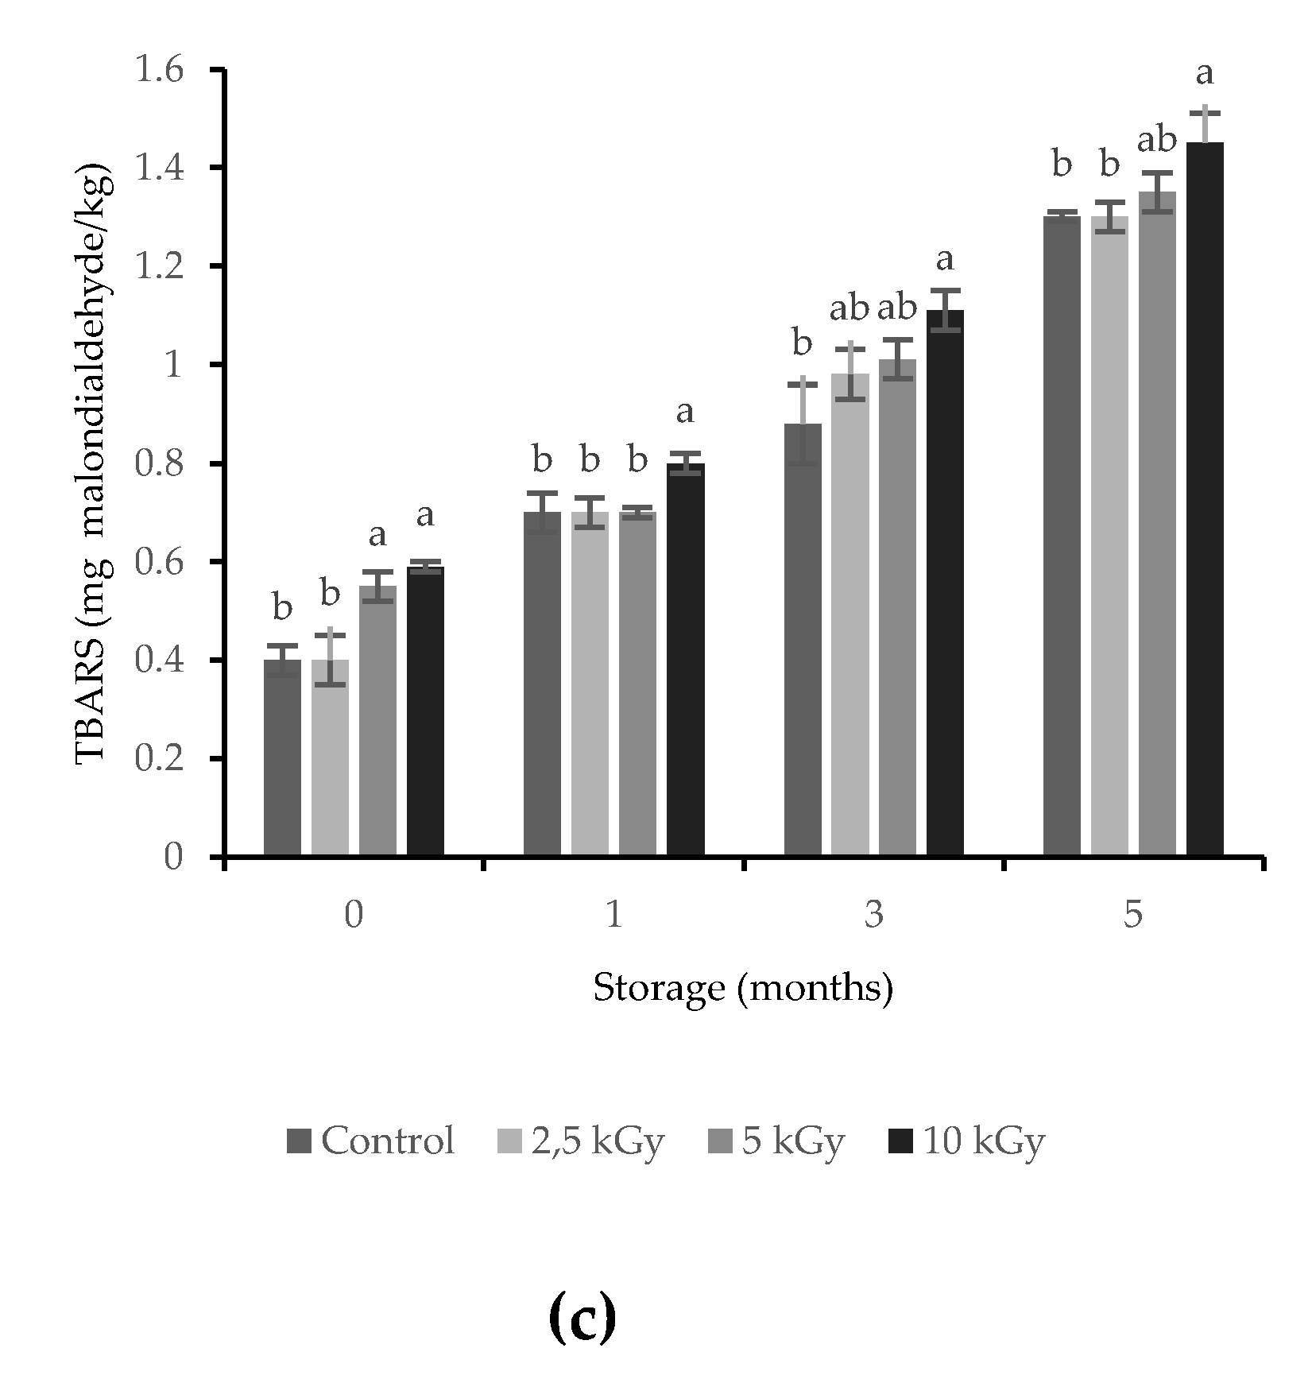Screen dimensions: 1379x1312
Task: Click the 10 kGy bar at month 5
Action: [x=1205, y=501]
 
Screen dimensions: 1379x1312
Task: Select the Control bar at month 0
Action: [x=282, y=758]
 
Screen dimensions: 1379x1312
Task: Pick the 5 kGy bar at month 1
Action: [x=637, y=684]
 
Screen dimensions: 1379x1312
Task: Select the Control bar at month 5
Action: [x=1062, y=536]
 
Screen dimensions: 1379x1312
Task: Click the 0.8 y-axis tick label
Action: [x=158, y=464]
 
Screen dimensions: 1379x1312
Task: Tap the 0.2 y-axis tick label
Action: [x=158, y=759]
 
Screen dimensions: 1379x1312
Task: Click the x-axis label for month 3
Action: [x=873, y=916]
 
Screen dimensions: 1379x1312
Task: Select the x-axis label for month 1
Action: [x=613, y=916]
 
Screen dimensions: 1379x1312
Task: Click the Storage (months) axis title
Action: [x=743, y=988]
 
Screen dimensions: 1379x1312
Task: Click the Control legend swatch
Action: [x=300, y=1142]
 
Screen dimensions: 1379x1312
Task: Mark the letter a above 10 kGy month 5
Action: [x=1205, y=74]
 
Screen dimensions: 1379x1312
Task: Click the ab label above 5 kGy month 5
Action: [x=1156, y=141]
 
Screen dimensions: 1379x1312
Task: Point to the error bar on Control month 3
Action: [x=803, y=421]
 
